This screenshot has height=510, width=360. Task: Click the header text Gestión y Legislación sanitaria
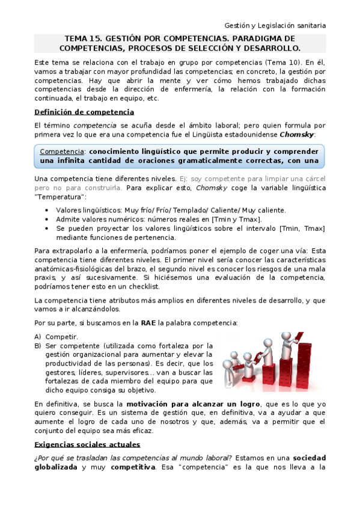click(x=275, y=26)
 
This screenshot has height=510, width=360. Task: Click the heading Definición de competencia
click(x=84, y=112)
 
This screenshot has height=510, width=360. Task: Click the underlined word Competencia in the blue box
click(x=62, y=150)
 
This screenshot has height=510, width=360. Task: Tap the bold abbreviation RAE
click(x=148, y=323)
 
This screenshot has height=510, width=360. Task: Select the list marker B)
click(x=38, y=346)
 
